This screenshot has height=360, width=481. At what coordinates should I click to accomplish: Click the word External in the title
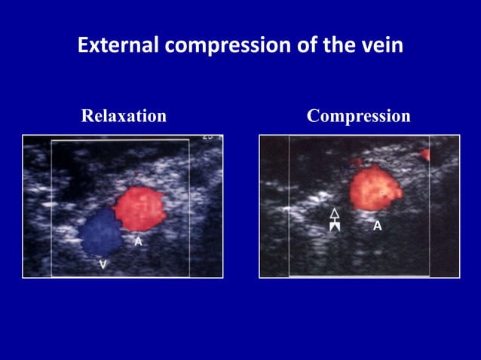118,46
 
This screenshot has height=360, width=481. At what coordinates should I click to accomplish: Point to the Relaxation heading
124,116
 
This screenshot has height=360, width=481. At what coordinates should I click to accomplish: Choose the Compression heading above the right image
359,116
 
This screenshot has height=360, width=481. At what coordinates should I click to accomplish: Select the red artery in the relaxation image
139,209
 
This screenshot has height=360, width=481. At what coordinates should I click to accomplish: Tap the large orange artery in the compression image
375,188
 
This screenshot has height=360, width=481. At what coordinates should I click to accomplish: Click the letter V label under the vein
103,265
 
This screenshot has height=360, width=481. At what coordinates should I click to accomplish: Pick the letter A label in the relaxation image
138,242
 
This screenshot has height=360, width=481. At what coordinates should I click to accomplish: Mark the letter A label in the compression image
377,225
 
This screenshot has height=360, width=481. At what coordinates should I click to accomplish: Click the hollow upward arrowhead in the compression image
335,214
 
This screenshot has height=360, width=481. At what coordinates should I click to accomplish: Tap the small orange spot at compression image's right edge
425,154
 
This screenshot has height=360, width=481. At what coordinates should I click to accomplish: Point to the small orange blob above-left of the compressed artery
357,161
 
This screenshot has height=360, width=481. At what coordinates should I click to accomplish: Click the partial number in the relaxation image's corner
208,138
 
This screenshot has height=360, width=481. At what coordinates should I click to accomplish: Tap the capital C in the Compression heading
314,116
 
